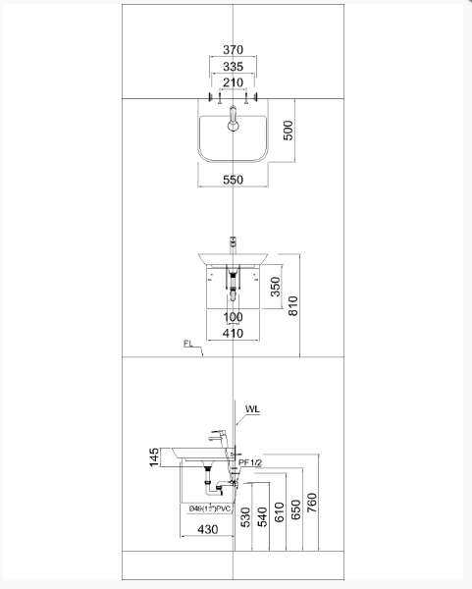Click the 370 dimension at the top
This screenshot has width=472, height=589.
233,49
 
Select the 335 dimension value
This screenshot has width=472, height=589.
233,66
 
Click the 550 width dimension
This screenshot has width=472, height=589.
233,180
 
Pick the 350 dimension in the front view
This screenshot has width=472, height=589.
276,286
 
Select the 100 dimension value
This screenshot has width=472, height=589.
233,317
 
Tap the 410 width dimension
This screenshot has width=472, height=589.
233,334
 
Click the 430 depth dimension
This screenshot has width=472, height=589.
207,530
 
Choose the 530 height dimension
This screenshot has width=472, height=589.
245,516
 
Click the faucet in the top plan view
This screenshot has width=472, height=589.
233,122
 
